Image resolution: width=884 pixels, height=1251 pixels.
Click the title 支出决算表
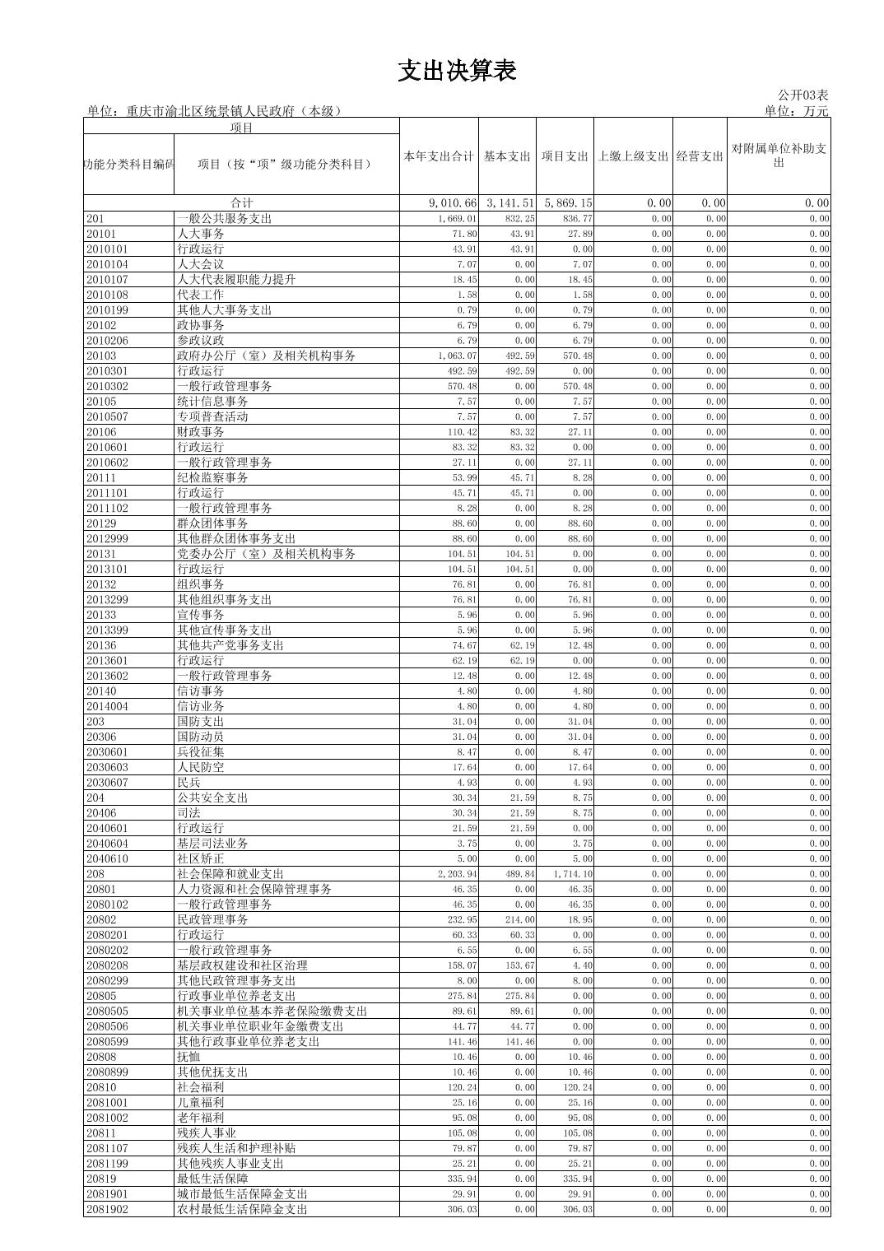(457, 72)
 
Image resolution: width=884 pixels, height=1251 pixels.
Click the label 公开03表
(803, 96)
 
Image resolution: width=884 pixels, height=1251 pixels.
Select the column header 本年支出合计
(439, 156)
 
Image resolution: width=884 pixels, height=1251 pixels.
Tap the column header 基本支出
(507, 156)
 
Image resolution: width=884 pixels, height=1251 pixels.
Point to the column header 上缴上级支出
(633, 156)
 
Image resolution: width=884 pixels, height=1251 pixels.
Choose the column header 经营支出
(700, 156)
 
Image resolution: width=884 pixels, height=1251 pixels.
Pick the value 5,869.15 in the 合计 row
(566, 203)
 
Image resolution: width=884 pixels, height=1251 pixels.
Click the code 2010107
(107, 280)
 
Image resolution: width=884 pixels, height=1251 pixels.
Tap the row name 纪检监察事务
(212, 478)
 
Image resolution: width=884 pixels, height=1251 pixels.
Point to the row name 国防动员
(200, 737)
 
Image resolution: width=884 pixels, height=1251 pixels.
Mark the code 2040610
(107, 859)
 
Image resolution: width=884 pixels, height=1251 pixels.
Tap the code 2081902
(107, 1210)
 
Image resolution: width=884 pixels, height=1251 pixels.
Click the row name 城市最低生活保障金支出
(242, 1194)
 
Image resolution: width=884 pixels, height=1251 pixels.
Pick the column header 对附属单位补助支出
(778, 156)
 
